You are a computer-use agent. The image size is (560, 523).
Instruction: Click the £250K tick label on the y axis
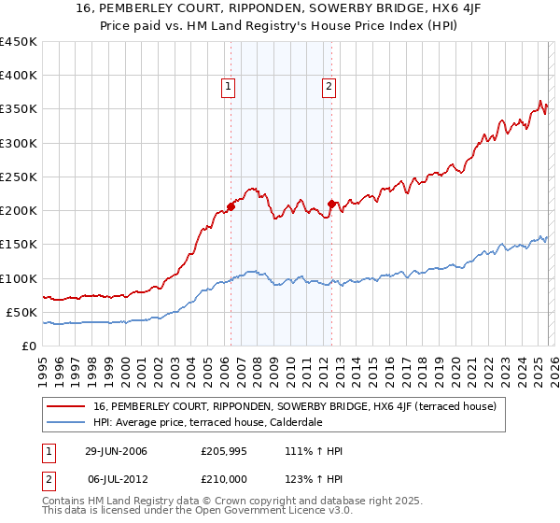coord(18,177)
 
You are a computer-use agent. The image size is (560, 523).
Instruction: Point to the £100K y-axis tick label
coord(18,278)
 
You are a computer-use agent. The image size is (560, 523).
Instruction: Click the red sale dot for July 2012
coord(331,204)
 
